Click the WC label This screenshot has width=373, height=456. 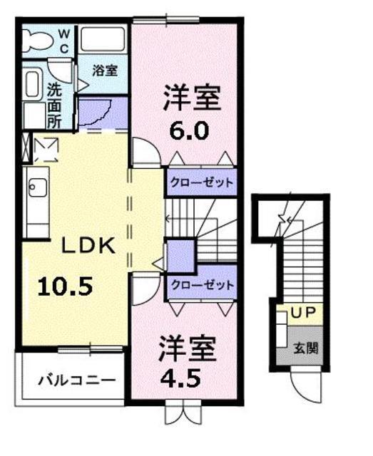coord(64,41)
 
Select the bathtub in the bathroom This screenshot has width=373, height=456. coord(103,40)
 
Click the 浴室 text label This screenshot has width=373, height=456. coord(105,70)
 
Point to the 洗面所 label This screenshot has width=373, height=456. coord(54,105)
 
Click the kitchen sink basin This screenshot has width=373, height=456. coord(38,187)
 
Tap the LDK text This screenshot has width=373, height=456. coord(88,246)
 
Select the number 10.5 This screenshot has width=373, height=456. coord(66,286)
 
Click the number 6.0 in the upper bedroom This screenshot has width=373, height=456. coord(189,130)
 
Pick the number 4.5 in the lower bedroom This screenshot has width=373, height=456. coord(181,378)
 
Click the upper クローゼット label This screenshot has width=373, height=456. coord(202,182)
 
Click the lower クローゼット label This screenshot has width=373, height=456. coord(203,285)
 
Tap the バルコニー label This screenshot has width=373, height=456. coord(77,380)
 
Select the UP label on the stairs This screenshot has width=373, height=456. coord(303,312)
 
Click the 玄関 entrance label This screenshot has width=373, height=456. coord(306,348)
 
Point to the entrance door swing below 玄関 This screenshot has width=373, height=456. coord(307,385)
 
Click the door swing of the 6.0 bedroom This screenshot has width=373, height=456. coord(146,152)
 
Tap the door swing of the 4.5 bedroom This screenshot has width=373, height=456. coord(145,288)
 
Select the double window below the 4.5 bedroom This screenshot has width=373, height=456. coord(183,412)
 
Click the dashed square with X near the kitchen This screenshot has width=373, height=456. coord(46,150)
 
